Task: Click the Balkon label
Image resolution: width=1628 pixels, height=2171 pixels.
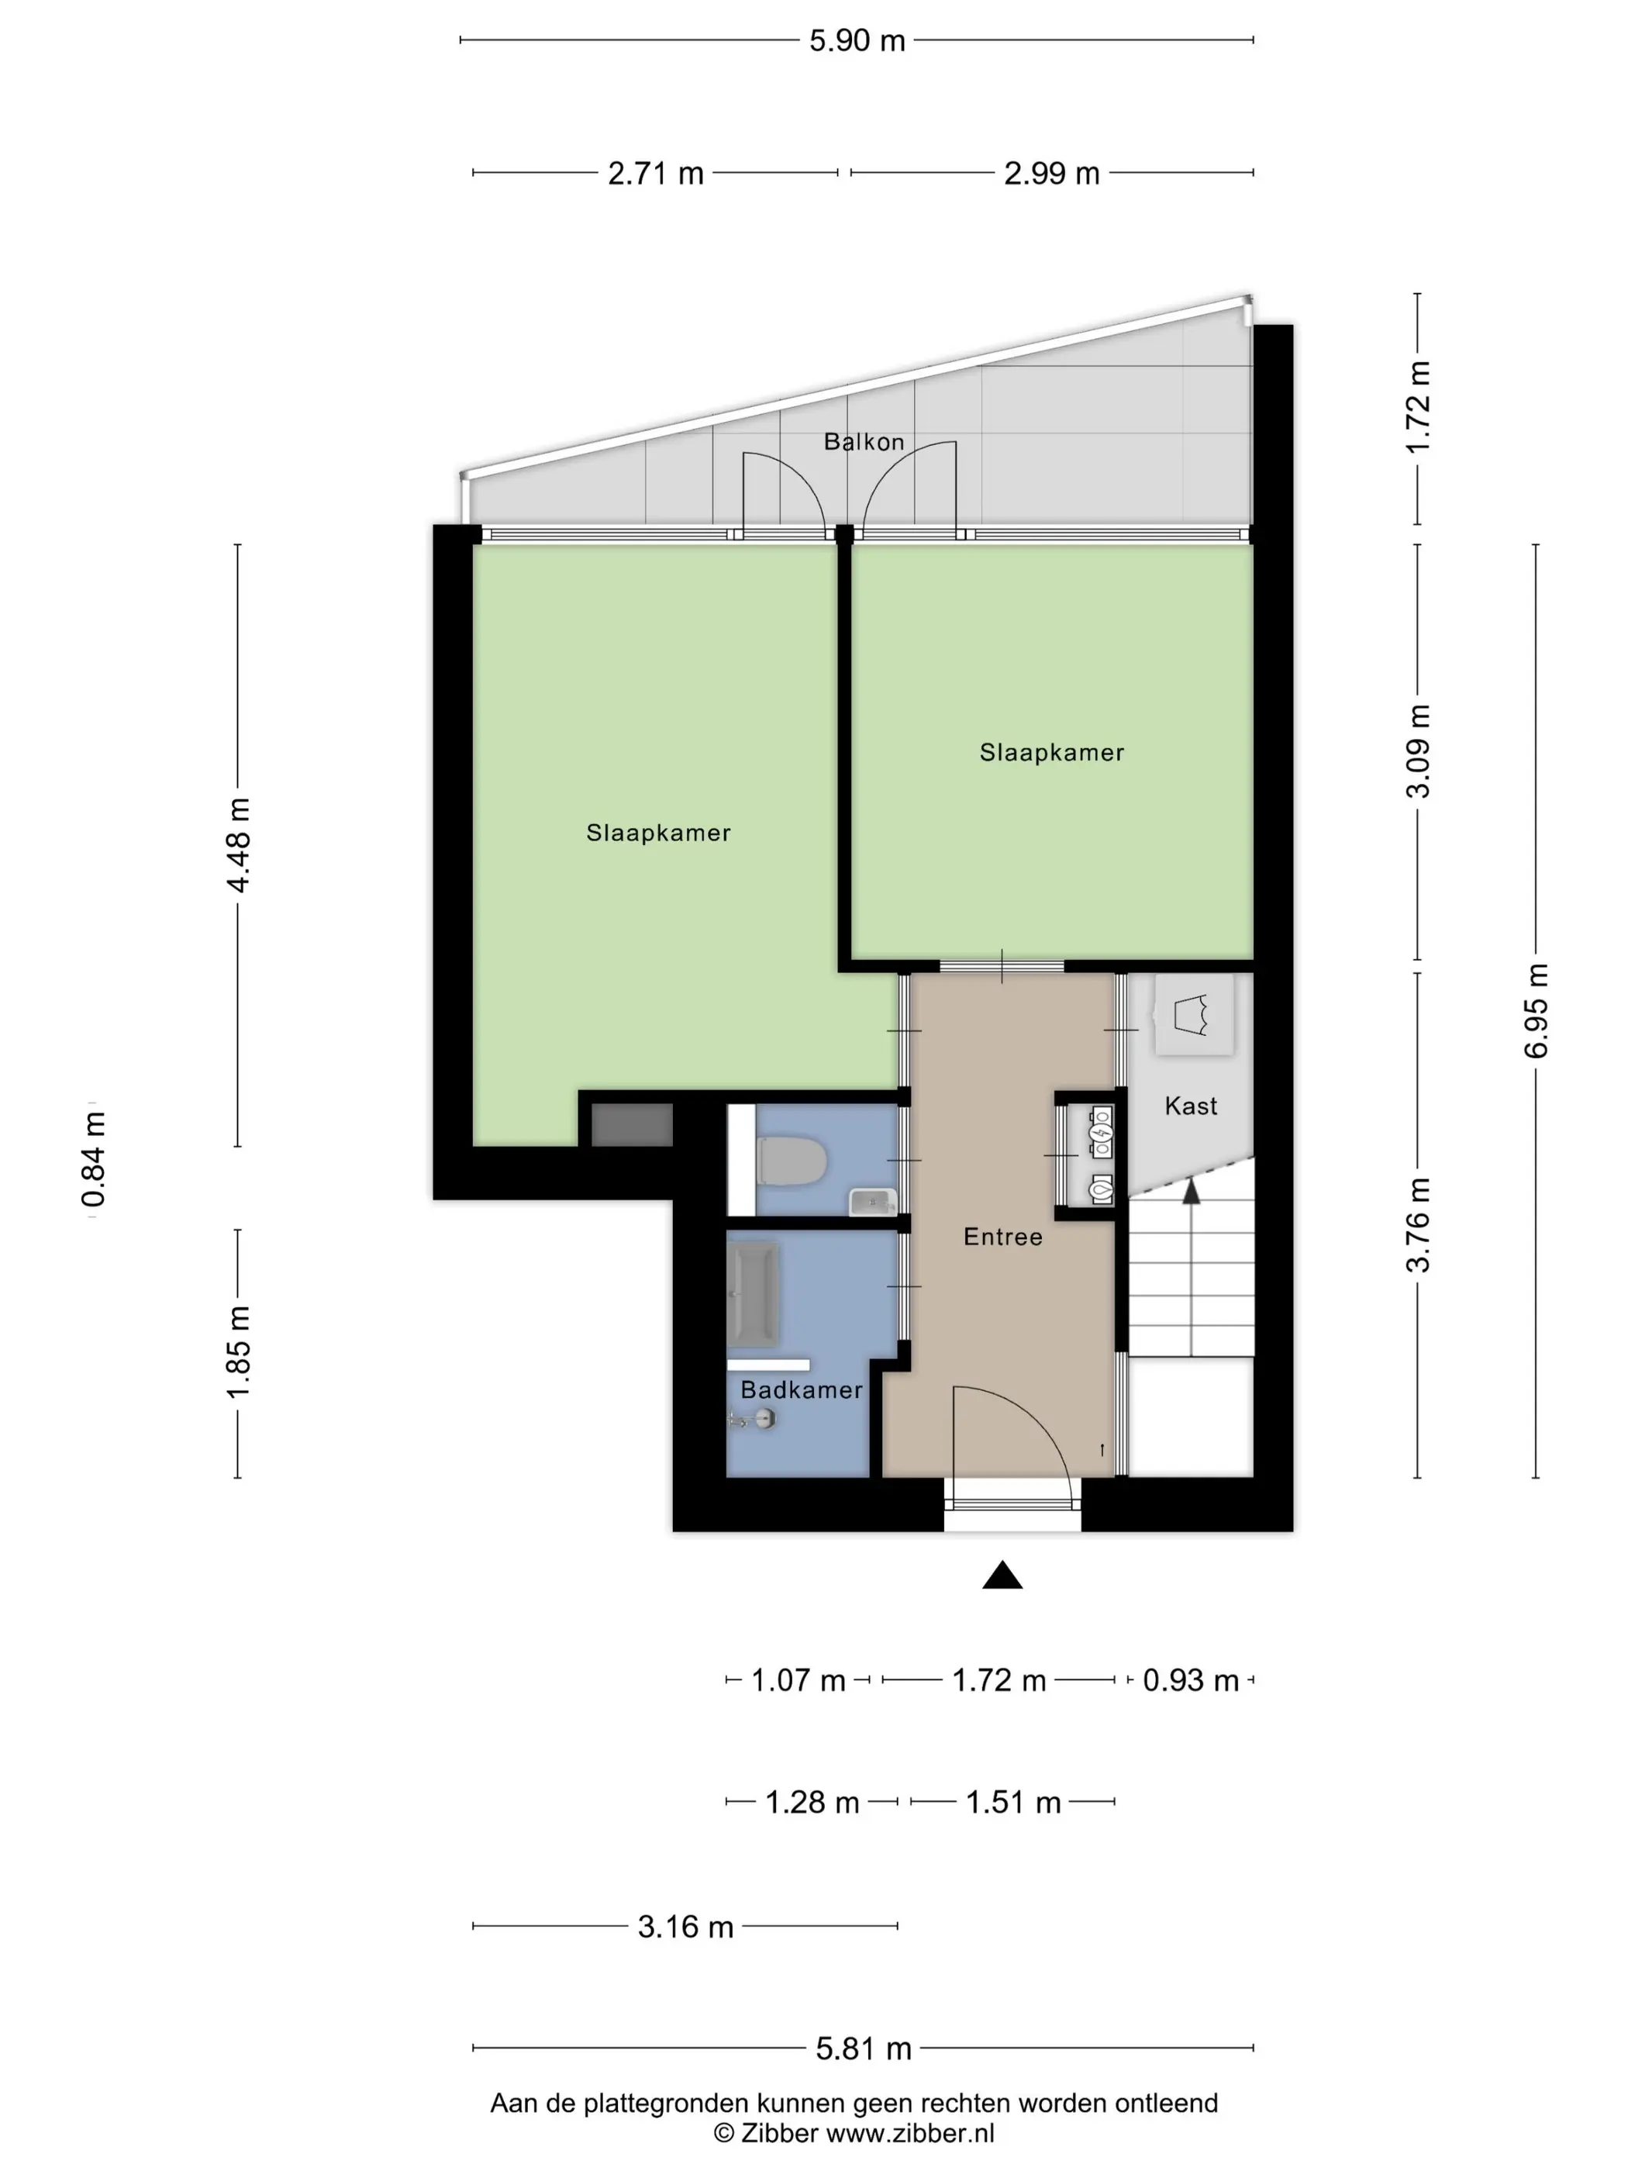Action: point(864,442)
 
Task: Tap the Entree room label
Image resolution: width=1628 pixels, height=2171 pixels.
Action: point(1003,1237)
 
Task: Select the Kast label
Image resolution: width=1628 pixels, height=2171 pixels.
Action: point(1190,1106)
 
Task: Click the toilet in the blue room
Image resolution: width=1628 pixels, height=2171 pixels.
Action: point(792,1161)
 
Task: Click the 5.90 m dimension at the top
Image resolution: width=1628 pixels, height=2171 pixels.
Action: point(857,40)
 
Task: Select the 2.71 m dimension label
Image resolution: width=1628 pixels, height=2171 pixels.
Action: point(656,173)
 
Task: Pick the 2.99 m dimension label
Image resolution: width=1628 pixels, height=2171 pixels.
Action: point(1051,173)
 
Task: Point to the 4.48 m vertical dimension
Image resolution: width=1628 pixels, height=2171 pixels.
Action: point(239,845)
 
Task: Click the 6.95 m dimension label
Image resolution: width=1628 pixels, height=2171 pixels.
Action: point(1536,1011)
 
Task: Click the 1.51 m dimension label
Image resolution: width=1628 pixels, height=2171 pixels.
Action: point(1014,1802)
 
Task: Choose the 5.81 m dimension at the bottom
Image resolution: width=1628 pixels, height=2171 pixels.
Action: point(864,2048)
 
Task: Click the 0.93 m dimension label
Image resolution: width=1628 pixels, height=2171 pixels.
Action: point(1190,1680)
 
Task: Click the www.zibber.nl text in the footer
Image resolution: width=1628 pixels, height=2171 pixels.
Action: point(909,2133)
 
